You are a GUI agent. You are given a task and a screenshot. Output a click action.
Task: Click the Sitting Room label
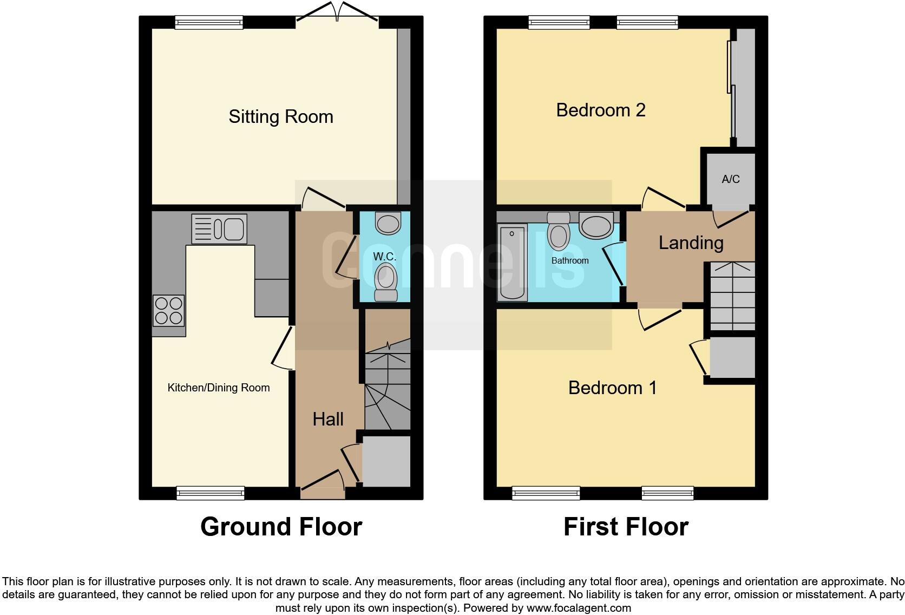(280, 117)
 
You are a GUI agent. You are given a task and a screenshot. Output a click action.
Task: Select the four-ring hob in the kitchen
(168, 311)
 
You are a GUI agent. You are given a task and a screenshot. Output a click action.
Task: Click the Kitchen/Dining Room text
(218, 388)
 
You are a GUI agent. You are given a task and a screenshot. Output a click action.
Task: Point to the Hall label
(328, 419)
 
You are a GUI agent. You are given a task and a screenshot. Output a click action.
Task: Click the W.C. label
(385, 256)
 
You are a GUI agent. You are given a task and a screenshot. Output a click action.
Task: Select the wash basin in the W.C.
(388, 223)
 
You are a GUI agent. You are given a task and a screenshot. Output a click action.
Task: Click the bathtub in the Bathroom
(511, 262)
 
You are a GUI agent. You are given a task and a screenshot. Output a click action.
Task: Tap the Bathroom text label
(570, 260)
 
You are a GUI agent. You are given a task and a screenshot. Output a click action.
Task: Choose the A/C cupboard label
(730, 179)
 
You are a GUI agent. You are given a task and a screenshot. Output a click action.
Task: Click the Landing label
(691, 243)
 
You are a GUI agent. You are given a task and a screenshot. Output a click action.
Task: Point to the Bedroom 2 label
(600, 110)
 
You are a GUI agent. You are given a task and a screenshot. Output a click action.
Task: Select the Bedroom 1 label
(612, 388)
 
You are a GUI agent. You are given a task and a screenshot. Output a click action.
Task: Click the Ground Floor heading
(281, 526)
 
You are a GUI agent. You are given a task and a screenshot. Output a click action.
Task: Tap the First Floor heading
(626, 526)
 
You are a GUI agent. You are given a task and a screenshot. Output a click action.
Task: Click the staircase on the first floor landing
(732, 296)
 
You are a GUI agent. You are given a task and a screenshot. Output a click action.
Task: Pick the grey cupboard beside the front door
(386, 461)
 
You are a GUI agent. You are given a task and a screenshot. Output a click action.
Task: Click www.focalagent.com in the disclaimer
(579, 608)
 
